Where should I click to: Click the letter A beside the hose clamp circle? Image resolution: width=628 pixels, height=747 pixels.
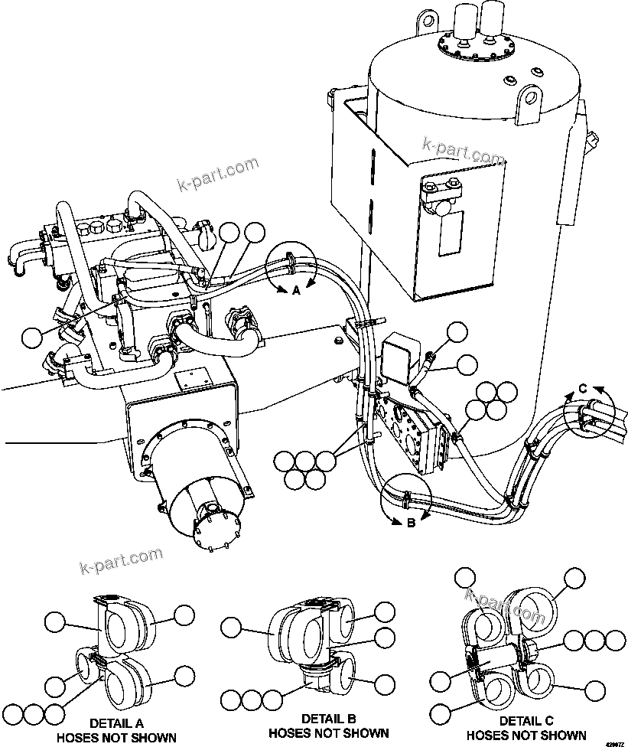[298, 290]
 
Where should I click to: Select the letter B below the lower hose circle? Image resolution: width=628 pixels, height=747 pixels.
[410, 524]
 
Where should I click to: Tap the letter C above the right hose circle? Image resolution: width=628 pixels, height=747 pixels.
[582, 389]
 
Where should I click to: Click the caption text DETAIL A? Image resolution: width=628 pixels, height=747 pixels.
[116, 723]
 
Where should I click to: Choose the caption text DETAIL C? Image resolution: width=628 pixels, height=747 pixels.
[526, 721]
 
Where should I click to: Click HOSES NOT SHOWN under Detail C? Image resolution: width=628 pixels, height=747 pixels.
[526, 736]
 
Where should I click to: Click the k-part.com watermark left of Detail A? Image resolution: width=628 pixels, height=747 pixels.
[121, 561]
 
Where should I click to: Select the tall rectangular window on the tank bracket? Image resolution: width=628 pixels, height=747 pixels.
[451, 233]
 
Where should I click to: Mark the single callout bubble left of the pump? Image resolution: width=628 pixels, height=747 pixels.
[33, 338]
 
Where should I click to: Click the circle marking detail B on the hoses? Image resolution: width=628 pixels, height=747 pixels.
[408, 497]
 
